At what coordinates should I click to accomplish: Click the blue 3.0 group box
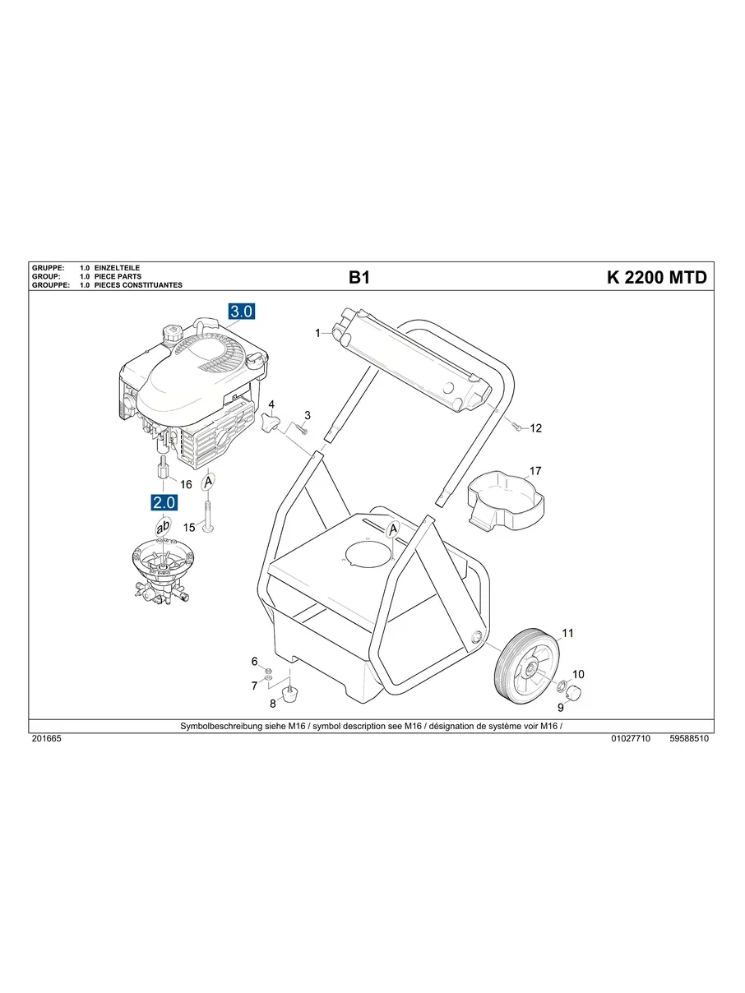(x=242, y=312)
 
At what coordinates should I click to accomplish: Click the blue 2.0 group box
(x=162, y=501)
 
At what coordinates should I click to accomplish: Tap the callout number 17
(x=535, y=472)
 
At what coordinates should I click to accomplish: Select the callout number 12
(x=536, y=428)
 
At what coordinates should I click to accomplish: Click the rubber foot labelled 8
(x=289, y=695)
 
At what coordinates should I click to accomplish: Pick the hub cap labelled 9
(x=576, y=692)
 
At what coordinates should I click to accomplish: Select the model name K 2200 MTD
(x=656, y=278)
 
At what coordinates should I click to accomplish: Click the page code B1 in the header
(x=359, y=278)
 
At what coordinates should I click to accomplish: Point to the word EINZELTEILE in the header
(x=118, y=269)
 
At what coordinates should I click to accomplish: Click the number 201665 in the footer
(x=46, y=739)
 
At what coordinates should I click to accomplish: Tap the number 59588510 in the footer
(x=689, y=739)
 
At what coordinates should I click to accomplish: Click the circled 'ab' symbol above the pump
(x=163, y=527)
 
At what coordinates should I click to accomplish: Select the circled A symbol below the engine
(x=209, y=480)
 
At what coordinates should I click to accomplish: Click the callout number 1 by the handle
(x=317, y=333)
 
